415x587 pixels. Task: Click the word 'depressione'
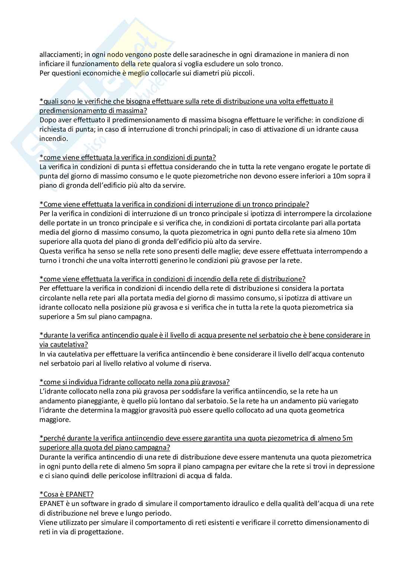click(x=357, y=467)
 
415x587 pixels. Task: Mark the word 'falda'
click(x=223, y=476)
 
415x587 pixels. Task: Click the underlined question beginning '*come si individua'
click(x=135, y=382)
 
